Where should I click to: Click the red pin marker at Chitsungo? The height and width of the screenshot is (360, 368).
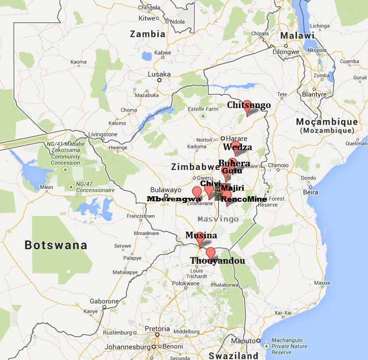[247, 107]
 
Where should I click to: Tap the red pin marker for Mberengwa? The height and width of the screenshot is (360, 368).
[197, 193]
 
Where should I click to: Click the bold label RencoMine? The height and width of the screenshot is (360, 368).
[244, 199]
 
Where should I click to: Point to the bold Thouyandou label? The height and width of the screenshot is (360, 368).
[217, 261]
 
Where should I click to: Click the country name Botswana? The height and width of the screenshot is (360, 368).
[56, 245]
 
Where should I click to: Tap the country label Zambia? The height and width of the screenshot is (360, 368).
[148, 34]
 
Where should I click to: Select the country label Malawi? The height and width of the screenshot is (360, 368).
[299, 35]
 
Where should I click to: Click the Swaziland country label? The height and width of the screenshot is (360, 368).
[233, 356]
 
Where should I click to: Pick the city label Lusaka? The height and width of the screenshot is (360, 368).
[159, 74]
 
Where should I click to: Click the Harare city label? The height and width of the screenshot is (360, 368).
[236, 138]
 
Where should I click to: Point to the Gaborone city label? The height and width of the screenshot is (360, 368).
[104, 301]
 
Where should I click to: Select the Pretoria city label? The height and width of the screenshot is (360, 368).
[157, 329]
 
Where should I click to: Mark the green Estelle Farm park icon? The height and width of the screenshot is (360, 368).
[203, 116]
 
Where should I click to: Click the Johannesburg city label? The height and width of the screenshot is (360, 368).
[127, 347]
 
